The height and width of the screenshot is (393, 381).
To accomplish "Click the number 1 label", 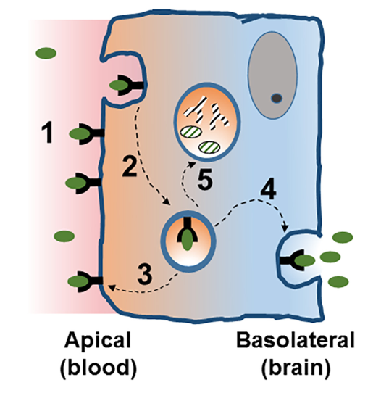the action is click(48, 132).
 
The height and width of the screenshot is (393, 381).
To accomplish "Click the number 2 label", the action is click(130, 165).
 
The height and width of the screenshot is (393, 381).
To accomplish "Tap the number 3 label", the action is click(145, 275).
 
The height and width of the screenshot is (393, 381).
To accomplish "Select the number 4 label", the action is click(268, 189).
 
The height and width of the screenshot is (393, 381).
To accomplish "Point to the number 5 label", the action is click(205, 179).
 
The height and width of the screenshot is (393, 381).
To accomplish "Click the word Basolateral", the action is click(296, 340).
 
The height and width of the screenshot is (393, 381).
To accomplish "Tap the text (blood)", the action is click(99, 368).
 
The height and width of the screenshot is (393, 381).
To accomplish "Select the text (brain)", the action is click(296, 368).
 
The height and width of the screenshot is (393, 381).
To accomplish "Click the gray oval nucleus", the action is click(272, 75).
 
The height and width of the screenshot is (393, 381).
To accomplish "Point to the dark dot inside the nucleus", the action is click(277, 98).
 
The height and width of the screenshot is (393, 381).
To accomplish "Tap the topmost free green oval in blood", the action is click(46, 53).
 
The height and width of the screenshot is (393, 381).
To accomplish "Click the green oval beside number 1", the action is click(79, 134).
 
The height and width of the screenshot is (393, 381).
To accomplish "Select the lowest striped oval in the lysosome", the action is click(209, 148).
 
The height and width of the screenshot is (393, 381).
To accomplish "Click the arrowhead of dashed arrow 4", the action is click(285, 228).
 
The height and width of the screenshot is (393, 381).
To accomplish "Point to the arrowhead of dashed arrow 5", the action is click(193, 164).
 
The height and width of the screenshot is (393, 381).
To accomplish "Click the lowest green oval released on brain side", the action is click(338, 281).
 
